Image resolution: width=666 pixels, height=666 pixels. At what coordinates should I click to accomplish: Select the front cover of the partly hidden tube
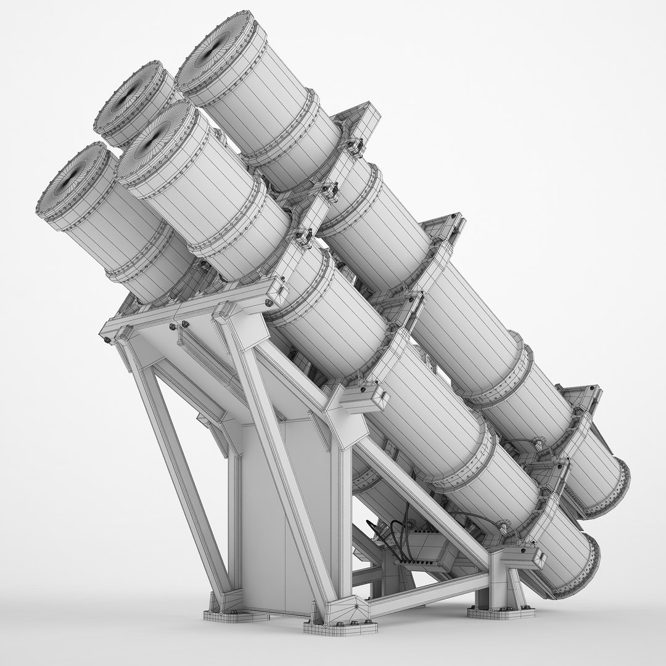point(133,99)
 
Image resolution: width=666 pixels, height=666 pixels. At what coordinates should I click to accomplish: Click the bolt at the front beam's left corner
point(108,339)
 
